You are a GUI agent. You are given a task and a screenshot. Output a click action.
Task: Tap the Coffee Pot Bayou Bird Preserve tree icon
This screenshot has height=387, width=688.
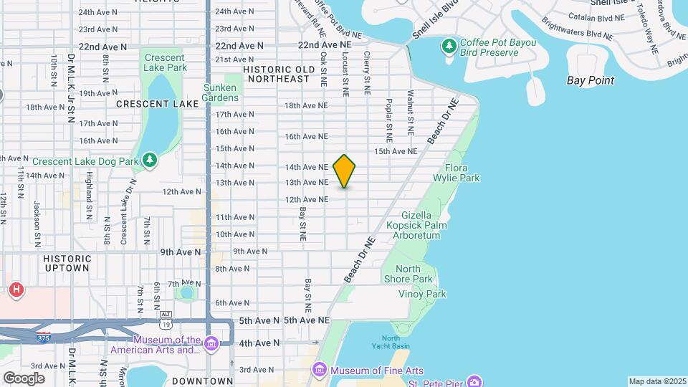pyautogui.click(x=449, y=47)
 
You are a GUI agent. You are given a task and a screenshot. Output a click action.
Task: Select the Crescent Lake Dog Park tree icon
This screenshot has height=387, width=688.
pyautogui.click(x=150, y=161)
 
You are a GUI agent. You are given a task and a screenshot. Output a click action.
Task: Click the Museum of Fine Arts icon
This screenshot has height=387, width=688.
pyautogui.click(x=319, y=371)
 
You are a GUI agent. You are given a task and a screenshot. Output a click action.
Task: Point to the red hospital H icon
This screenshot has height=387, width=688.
pyautogui.click(x=16, y=290)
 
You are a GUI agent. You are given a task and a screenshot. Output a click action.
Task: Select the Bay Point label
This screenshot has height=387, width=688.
pyautogui.click(x=590, y=80)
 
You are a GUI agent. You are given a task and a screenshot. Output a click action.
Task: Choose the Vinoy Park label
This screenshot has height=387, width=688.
pyautogui.click(x=422, y=294)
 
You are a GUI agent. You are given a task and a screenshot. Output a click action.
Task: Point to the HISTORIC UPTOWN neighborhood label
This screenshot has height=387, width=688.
pyautogui.click(x=67, y=263)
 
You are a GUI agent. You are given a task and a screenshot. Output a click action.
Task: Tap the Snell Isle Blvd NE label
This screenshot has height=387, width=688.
pyautogui.click(x=435, y=22)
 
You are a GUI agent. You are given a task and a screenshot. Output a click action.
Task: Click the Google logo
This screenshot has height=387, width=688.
pyautogui.click(x=24, y=378)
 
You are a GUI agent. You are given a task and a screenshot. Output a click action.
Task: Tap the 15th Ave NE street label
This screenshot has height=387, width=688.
pyautogui.click(x=396, y=151)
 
